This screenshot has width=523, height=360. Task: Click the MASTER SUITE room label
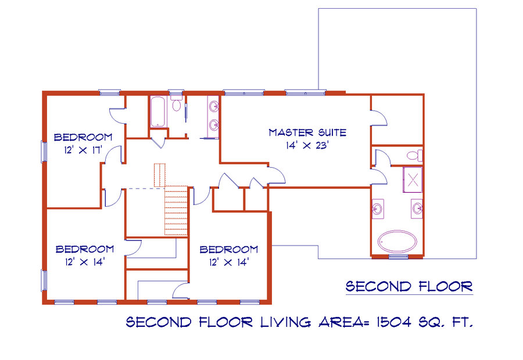point(307,132)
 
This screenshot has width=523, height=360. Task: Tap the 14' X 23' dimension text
point(307,145)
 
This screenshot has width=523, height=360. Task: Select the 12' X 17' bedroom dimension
point(83,150)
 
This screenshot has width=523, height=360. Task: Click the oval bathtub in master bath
point(397,241)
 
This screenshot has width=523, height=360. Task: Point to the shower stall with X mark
point(413,180)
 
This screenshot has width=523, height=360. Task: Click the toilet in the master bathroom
point(414,156)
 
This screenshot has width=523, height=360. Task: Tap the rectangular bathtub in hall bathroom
point(157,111)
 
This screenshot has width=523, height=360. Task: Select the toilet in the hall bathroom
point(176,104)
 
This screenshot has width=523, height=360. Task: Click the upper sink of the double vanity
point(214,107)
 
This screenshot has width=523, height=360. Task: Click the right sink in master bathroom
point(417,208)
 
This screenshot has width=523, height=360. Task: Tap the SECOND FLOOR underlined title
point(409,287)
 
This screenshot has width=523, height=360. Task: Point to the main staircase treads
point(176,210)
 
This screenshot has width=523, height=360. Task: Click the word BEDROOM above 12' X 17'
point(83,137)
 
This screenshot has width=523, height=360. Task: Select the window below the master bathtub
point(399,256)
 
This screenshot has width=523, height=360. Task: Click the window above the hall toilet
point(175,92)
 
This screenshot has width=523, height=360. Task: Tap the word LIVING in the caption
point(285,322)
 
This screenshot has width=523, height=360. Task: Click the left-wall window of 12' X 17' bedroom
point(44,152)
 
